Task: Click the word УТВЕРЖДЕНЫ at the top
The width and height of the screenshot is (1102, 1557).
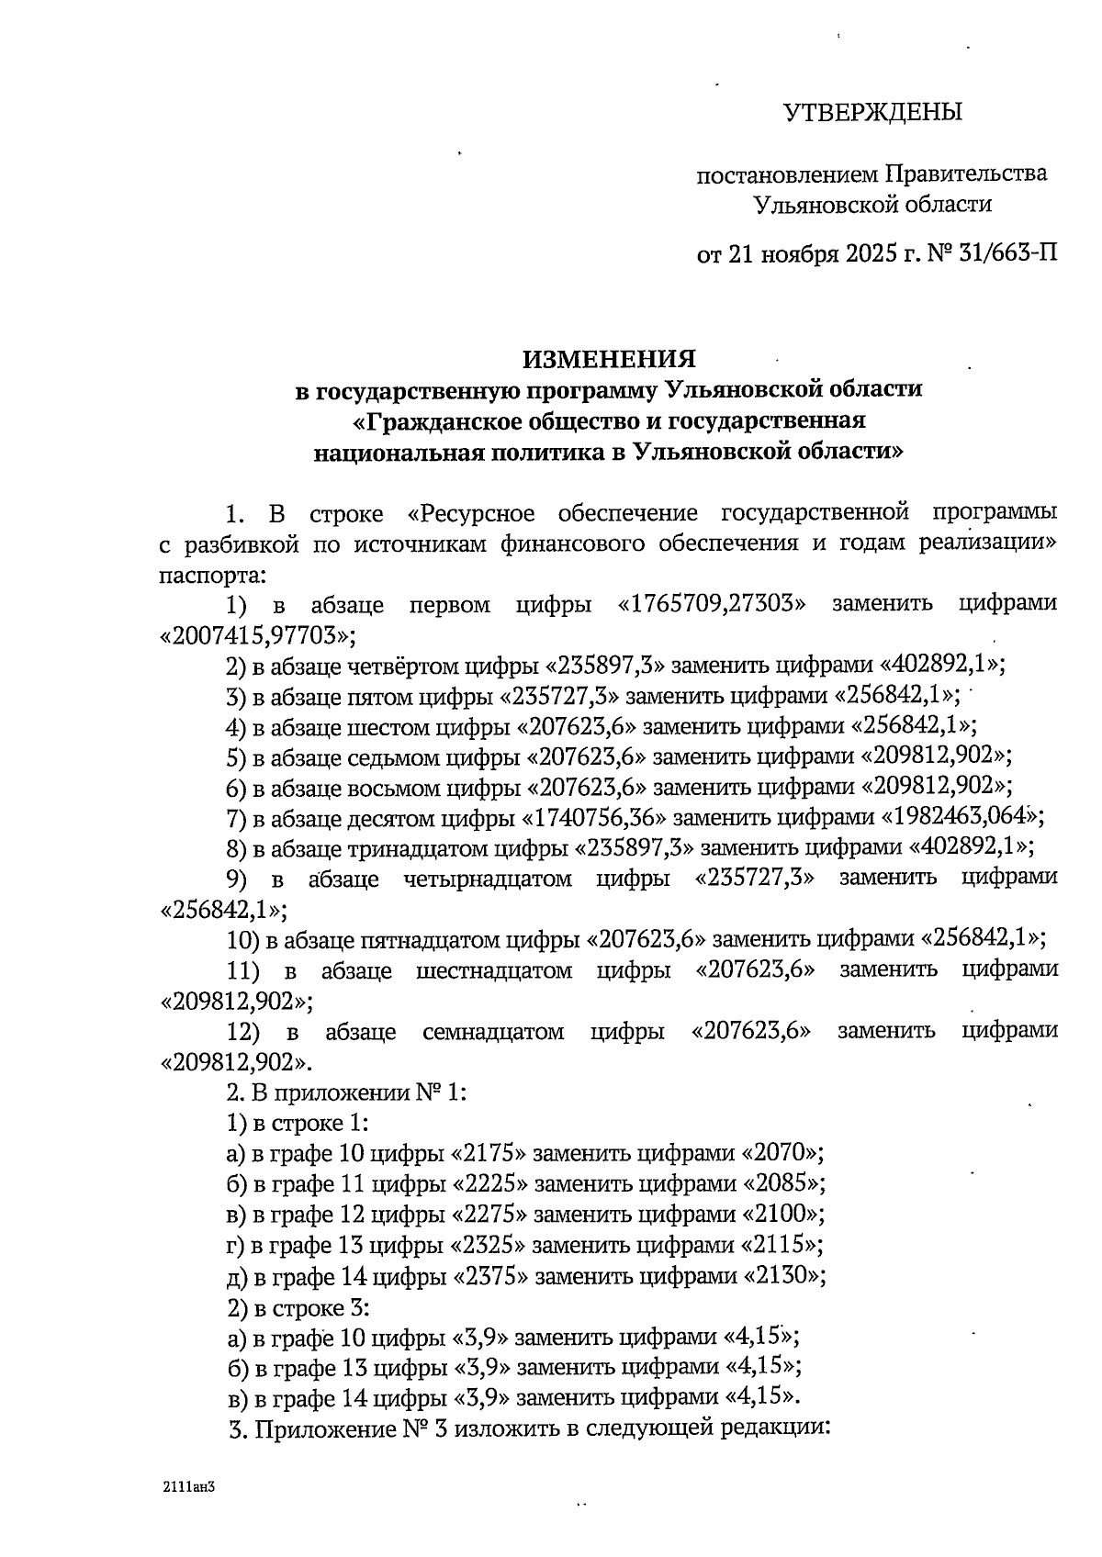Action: click(x=872, y=113)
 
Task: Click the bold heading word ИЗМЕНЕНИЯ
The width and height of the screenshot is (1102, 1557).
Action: click(x=609, y=358)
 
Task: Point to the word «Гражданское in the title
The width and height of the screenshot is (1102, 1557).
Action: click(x=442, y=420)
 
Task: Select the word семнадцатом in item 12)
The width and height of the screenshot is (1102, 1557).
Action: click(x=493, y=1031)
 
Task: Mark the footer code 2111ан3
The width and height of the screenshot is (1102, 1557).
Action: click(x=188, y=1485)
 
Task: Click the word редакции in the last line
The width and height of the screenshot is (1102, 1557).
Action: click(x=776, y=1428)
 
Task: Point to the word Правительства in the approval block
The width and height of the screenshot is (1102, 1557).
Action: click(x=965, y=174)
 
